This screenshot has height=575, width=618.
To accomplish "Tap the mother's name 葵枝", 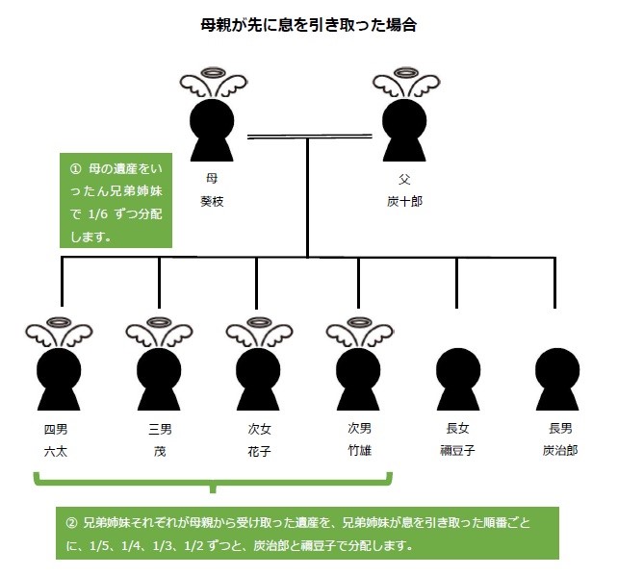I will point(213,202).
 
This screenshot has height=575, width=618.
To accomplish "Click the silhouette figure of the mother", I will point(212,130).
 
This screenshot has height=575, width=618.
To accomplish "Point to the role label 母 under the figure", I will point(212,179).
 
